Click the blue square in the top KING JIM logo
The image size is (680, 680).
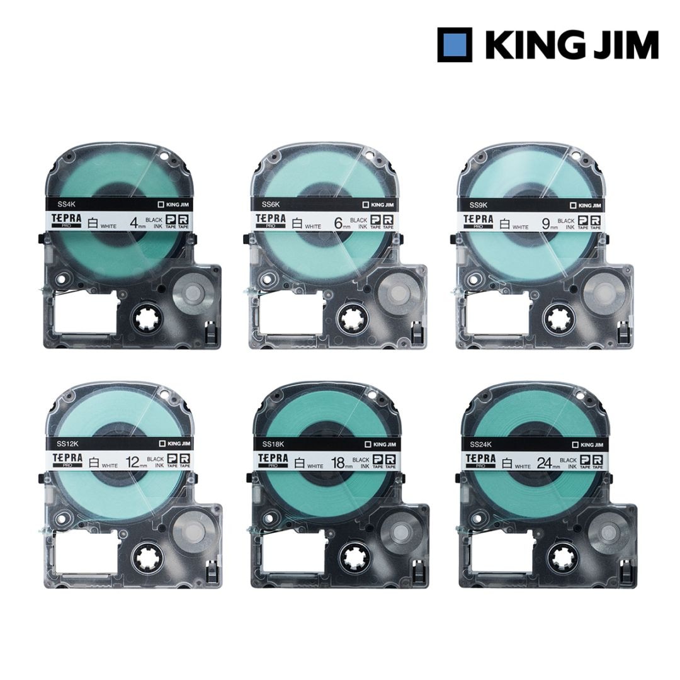(455, 44)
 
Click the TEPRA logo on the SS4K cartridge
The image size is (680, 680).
(69, 219)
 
